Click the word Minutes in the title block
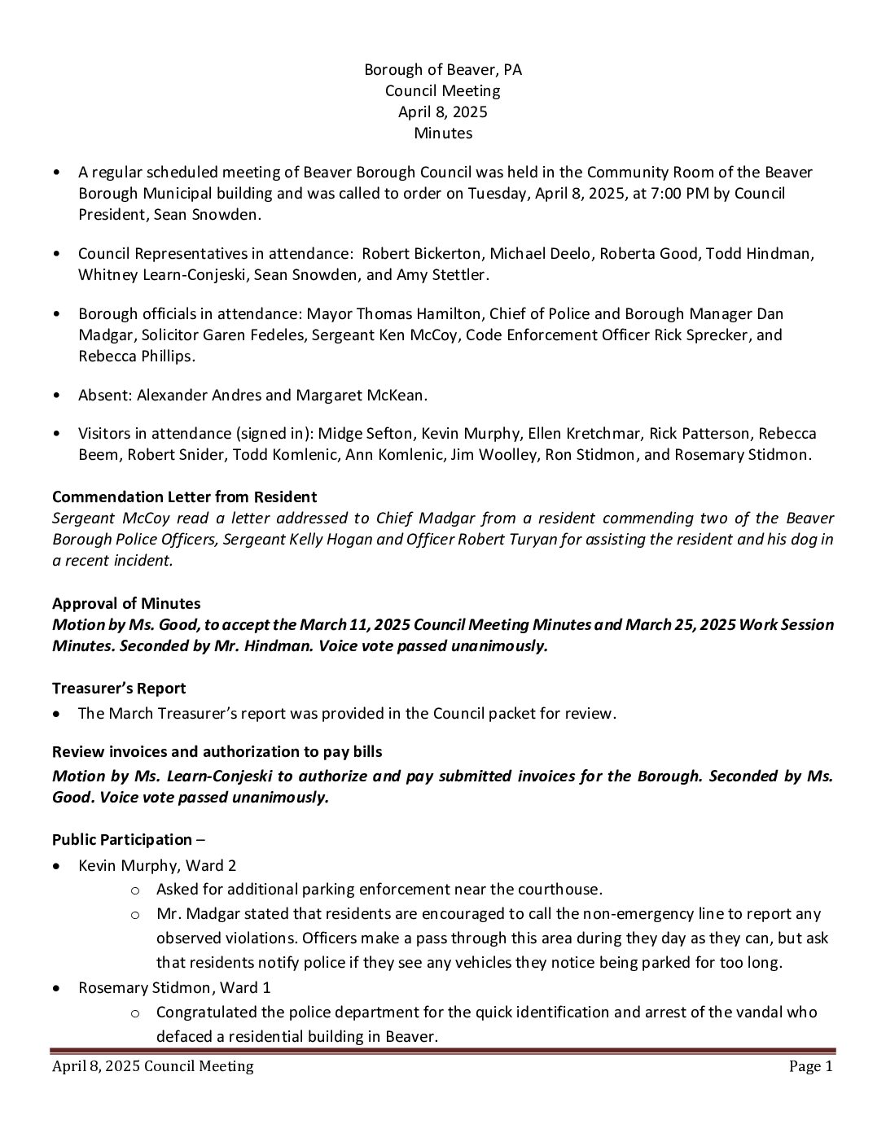[442, 133]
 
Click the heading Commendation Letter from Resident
[184, 496]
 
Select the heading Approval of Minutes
[126, 603]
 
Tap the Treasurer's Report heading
[119, 688]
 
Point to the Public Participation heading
[122, 839]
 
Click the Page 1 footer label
[810, 1066]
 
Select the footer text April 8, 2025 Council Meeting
[153, 1066]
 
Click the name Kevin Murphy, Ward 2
[157, 865]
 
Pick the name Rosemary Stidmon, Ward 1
[174, 987]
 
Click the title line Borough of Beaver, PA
[442, 69]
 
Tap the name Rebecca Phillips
[137, 356]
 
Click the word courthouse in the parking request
[561, 889]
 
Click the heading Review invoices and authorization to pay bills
[217, 751]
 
